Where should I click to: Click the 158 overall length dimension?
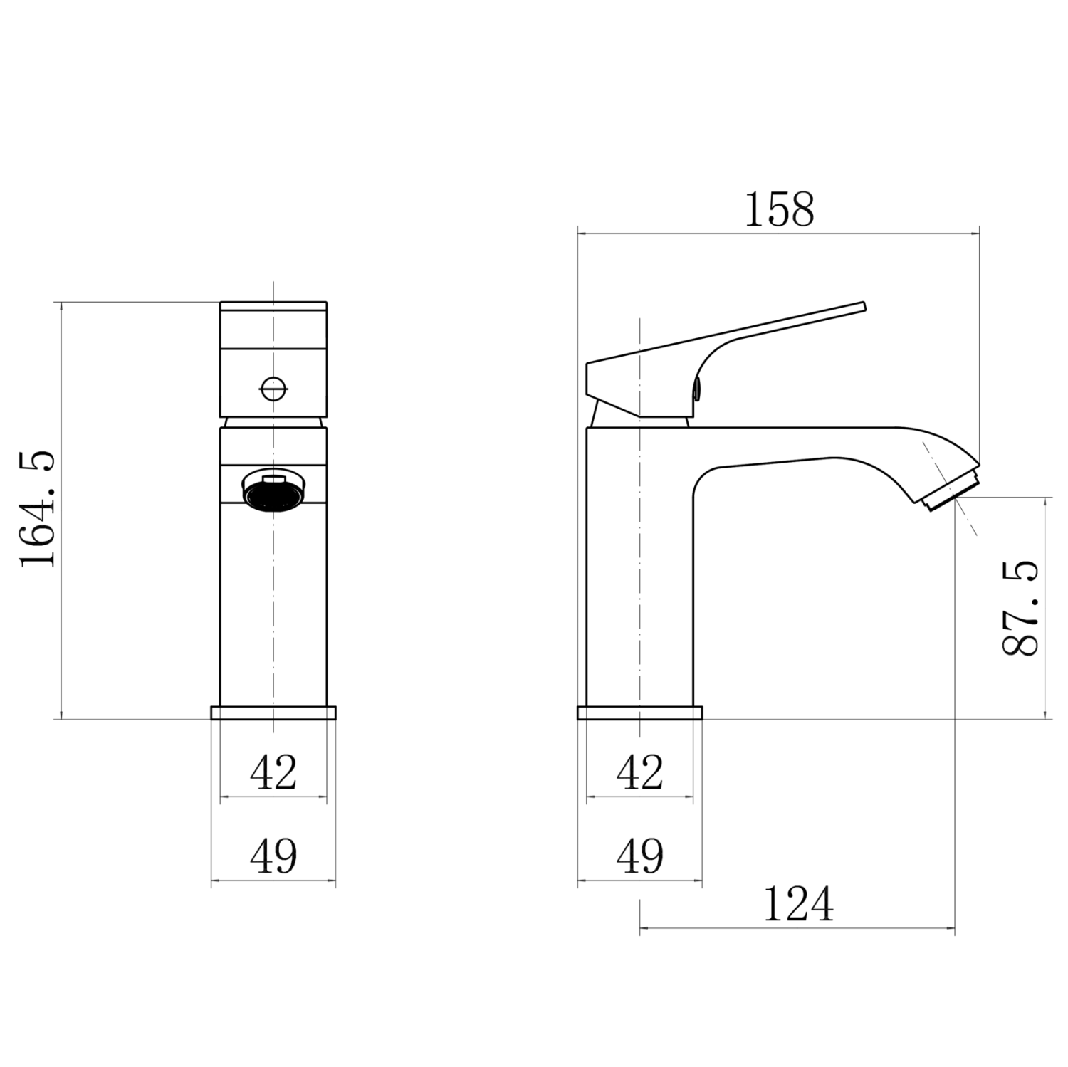(x=779, y=210)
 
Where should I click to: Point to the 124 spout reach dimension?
(x=798, y=903)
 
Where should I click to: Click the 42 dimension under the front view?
(x=273, y=772)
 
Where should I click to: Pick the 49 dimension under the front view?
(x=273, y=856)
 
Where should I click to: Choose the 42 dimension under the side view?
(x=640, y=772)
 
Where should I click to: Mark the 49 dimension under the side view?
(x=640, y=856)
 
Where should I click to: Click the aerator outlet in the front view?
(x=274, y=491)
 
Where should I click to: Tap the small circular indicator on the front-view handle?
(x=274, y=389)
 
